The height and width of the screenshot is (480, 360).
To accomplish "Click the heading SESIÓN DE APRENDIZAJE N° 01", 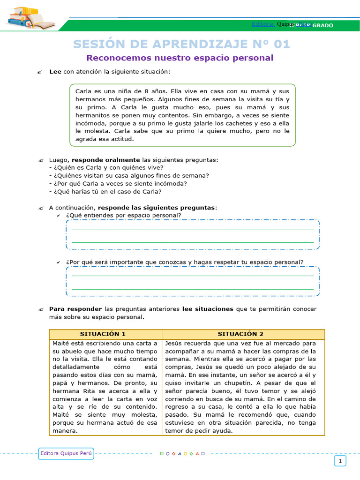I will [x=181, y=44].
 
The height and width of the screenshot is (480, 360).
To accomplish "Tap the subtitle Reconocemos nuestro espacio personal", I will [x=180, y=58].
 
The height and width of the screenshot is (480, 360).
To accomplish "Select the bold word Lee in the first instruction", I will [x=55, y=72].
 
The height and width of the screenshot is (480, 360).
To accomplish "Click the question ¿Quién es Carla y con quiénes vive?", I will [x=106, y=167].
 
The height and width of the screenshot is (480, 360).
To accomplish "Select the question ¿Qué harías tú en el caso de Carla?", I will [x=105, y=191].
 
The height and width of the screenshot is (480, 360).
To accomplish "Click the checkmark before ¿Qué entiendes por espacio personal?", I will [x=58, y=216].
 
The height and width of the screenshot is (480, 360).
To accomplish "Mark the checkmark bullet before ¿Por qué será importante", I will [x=58, y=262].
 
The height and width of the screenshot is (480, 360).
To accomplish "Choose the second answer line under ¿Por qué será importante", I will [x=192, y=289].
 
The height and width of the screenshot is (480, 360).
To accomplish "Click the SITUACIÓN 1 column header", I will [x=103, y=334].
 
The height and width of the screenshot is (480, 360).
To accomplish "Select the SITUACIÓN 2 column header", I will [x=240, y=334].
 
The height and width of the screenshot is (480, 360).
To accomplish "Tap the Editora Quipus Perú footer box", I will [x=67, y=453].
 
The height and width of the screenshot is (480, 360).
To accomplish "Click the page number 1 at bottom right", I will [x=340, y=461].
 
